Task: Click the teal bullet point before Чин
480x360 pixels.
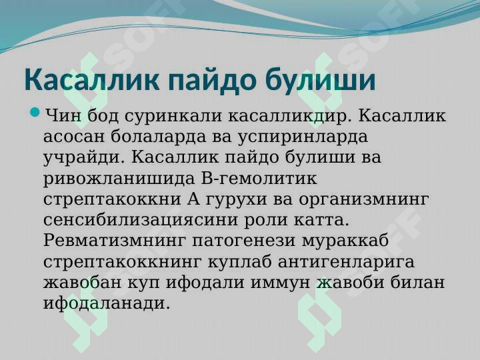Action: (x=35, y=112)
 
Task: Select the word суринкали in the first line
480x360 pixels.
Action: (x=173, y=116)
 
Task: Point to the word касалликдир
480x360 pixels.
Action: (x=290, y=116)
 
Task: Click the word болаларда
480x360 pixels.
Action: (x=158, y=137)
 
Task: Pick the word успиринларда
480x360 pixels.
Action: (x=303, y=137)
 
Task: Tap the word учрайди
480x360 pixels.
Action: (x=85, y=158)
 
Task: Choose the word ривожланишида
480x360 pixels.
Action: (x=119, y=179)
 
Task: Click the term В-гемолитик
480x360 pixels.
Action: (x=259, y=178)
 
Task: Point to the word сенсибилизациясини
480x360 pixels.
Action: (x=141, y=221)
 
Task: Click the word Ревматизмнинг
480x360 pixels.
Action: (x=115, y=241)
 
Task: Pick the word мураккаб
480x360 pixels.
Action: (x=345, y=241)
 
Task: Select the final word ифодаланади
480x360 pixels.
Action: (x=107, y=304)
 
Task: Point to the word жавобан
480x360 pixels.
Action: (x=83, y=283)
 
